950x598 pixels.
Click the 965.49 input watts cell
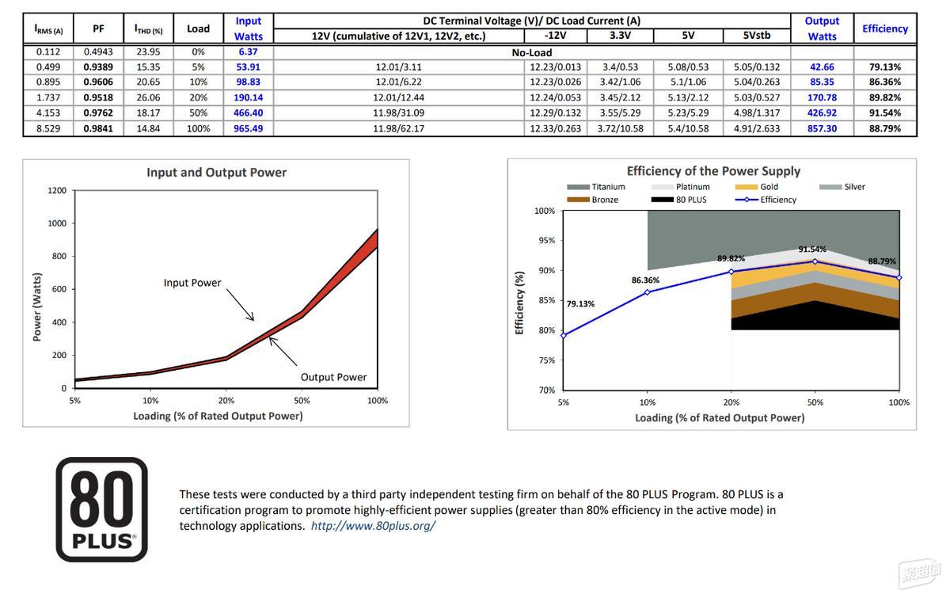[x=248, y=128]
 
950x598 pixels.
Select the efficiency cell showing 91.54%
[x=885, y=113]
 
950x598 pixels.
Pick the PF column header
[x=98, y=29]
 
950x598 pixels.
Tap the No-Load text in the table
[x=532, y=52]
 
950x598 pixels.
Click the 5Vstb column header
[x=757, y=35]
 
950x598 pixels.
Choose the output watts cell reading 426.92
[x=822, y=113]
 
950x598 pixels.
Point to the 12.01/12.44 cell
[x=398, y=97]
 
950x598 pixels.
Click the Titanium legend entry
[x=596, y=187]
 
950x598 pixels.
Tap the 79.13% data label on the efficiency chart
[x=580, y=304]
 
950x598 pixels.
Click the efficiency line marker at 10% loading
[x=648, y=292]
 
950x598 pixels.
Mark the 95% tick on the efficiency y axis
[x=547, y=241]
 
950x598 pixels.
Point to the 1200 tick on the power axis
[x=57, y=191]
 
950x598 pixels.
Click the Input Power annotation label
[x=192, y=283]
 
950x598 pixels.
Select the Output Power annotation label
[x=333, y=377]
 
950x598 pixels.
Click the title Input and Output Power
[x=216, y=173]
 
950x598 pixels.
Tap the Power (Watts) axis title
[x=37, y=307]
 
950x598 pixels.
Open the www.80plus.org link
[x=373, y=526]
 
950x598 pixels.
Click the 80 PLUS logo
[x=102, y=509]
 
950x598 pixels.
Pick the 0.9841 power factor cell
[x=98, y=128]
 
